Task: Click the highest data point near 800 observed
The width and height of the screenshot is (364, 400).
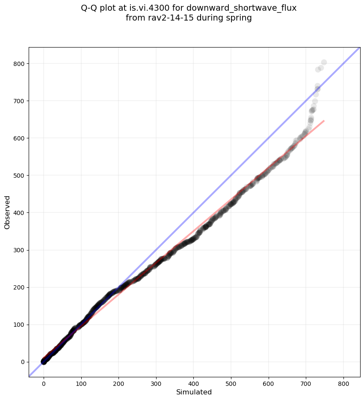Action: click(324, 63)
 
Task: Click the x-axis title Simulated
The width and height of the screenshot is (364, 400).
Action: click(194, 392)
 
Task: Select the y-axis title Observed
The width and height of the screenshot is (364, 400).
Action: click(7, 212)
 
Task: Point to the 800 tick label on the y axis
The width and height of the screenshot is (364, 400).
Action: click(19, 64)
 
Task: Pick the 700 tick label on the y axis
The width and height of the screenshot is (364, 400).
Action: click(19, 101)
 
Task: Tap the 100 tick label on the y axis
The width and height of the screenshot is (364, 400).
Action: click(19, 325)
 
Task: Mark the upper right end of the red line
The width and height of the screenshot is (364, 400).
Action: click(324, 121)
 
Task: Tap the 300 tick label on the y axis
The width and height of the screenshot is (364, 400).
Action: click(19, 250)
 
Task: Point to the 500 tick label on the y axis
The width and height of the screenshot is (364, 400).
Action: click(19, 176)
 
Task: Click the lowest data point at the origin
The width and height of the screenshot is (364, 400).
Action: click(44, 362)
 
